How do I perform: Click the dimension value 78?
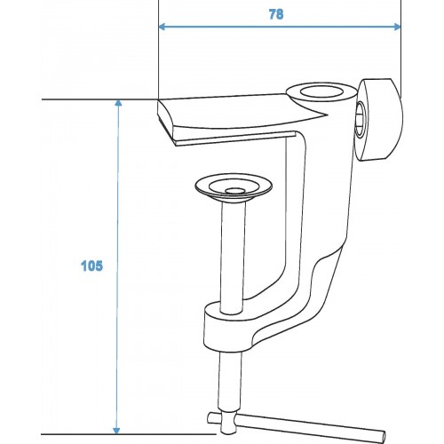(276, 14)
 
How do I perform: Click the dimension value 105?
(91, 266)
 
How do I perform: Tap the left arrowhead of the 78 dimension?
(162, 27)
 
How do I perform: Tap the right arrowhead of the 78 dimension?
(398, 27)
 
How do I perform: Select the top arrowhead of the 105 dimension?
(118, 103)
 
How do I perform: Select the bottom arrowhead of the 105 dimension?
(116, 431)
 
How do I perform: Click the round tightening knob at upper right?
(380, 120)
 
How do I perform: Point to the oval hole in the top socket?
(321, 91)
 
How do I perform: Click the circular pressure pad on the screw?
(234, 188)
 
